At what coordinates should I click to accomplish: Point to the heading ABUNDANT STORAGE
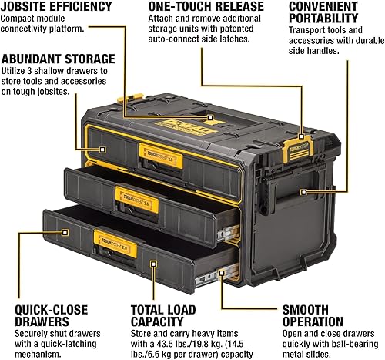59,59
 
